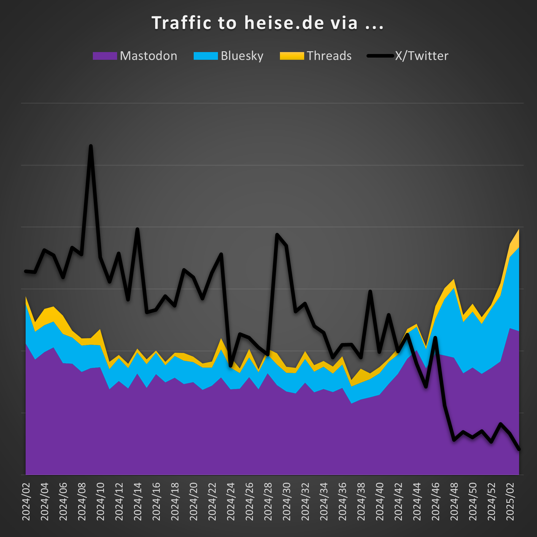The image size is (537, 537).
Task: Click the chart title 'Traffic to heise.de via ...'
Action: [x=267, y=23]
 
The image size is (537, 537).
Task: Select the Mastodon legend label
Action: [x=149, y=56]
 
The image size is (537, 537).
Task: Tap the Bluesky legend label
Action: [x=242, y=56]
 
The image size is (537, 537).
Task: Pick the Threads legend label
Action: [x=329, y=56]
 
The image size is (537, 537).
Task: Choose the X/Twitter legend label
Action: [x=422, y=56]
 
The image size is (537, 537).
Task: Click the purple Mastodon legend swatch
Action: [x=105, y=56]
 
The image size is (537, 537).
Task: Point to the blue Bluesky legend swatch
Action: [x=206, y=56]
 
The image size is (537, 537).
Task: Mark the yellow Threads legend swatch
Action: [x=292, y=56]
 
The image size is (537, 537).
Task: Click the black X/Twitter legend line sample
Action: [x=380, y=56]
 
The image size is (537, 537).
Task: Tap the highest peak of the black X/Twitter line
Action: [x=91, y=146]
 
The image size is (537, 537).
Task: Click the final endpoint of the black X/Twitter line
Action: [x=519, y=449]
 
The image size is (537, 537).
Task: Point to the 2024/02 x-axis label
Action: [x=26, y=501]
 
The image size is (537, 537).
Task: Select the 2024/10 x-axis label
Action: [x=100, y=501]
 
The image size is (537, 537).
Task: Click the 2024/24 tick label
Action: [x=231, y=501]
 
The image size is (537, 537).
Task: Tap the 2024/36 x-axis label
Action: [x=342, y=501]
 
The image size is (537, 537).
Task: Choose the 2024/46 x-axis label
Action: [x=436, y=501]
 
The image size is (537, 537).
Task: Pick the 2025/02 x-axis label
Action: [x=510, y=501]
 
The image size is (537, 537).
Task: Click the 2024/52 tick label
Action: [x=492, y=501]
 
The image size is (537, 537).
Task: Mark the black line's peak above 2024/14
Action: [x=137, y=229]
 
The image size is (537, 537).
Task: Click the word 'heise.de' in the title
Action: [x=284, y=23]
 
